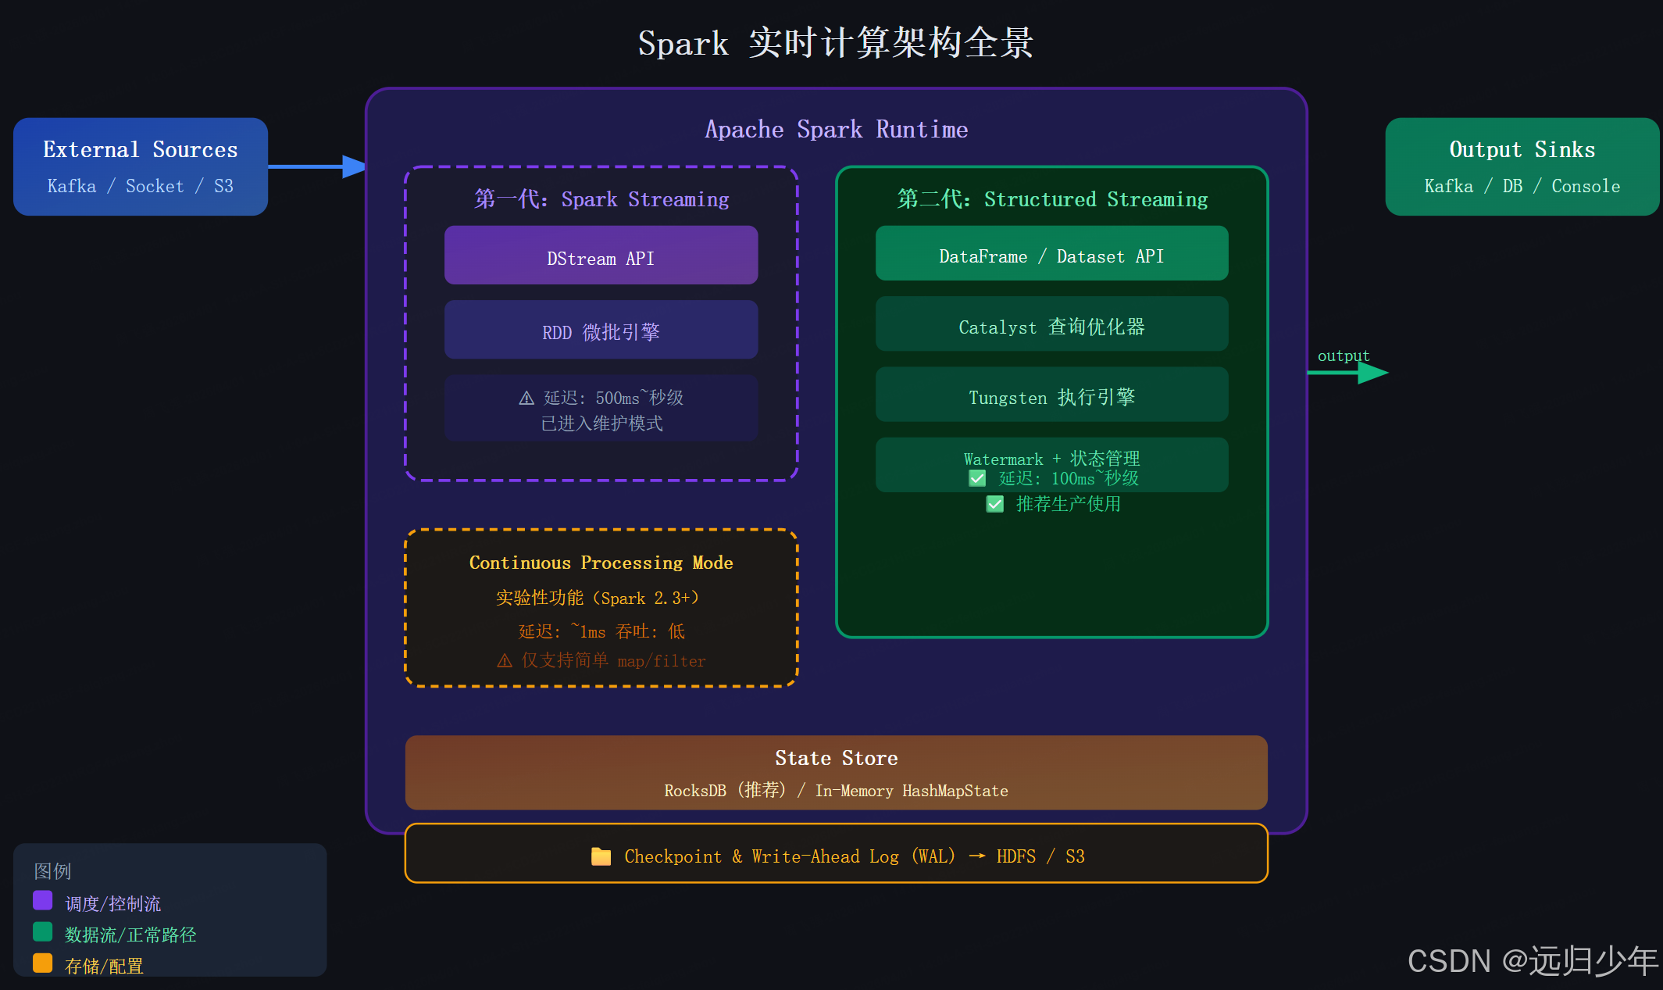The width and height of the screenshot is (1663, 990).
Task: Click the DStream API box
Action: (x=601, y=256)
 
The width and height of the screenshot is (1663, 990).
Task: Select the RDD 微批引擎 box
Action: (x=601, y=330)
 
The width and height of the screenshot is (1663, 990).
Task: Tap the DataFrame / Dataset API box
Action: (x=1051, y=254)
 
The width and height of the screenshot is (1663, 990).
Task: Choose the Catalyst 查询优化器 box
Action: (x=1051, y=324)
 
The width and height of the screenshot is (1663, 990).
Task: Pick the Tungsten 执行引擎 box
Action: (x=1051, y=395)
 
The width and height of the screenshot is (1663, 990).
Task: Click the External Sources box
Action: (x=141, y=166)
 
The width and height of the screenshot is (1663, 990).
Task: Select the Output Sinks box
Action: (x=1522, y=166)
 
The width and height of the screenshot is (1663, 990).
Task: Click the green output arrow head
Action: (x=1372, y=373)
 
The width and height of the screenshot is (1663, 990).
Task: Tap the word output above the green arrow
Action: (x=1344, y=356)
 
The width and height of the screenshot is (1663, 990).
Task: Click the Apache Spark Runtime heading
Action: (x=836, y=130)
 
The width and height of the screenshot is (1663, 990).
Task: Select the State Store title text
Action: (x=836, y=758)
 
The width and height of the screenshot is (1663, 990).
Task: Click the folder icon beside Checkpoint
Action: (x=601, y=856)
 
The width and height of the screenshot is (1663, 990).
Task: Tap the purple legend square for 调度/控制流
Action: (x=43, y=901)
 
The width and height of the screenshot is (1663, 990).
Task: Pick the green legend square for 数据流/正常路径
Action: (x=43, y=932)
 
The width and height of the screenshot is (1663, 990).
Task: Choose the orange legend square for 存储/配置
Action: (x=43, y=963)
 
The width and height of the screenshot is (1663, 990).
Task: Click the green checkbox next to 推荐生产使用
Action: (x=994, y=504)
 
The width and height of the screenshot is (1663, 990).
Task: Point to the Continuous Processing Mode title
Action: (x=601, y=563)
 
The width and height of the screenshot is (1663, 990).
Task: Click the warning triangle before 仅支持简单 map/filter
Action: (x=505, y=661)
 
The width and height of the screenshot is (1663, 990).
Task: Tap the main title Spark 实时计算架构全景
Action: (x=836, y=43)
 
